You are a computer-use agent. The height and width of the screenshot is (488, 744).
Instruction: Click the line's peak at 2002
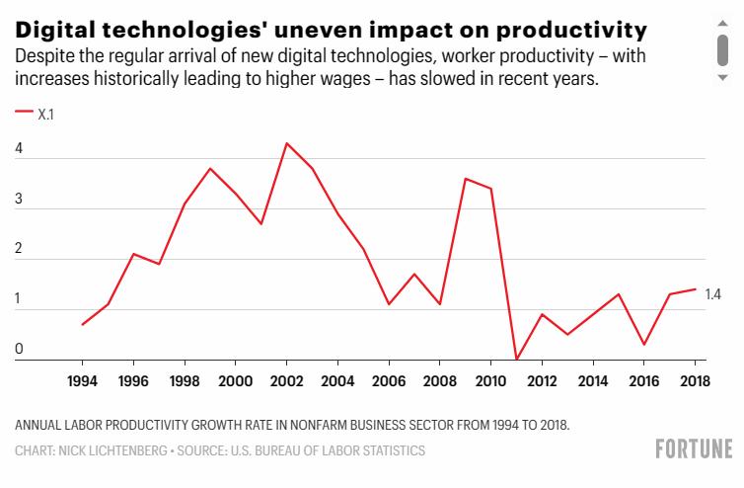point(286,143)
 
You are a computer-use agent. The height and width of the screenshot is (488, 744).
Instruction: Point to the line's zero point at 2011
point(517,360)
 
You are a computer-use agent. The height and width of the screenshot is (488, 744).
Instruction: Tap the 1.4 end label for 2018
point(713,294)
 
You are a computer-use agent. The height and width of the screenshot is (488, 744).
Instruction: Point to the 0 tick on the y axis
point(20,349)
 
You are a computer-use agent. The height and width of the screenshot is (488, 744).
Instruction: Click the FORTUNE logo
point(694,450)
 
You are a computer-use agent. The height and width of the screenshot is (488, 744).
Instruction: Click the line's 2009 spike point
point(466,179)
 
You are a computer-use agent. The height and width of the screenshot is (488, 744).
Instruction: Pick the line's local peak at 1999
point(209,169)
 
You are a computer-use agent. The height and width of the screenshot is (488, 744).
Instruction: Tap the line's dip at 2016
point(644,345)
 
